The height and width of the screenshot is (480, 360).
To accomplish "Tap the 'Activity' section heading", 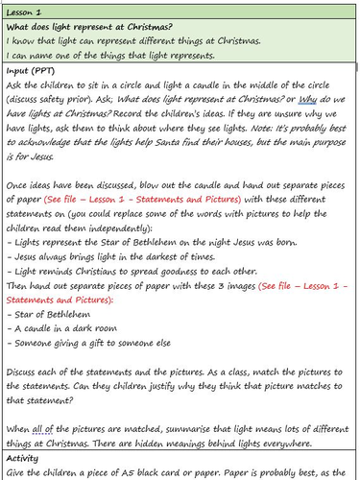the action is click(x=25, y=456).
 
